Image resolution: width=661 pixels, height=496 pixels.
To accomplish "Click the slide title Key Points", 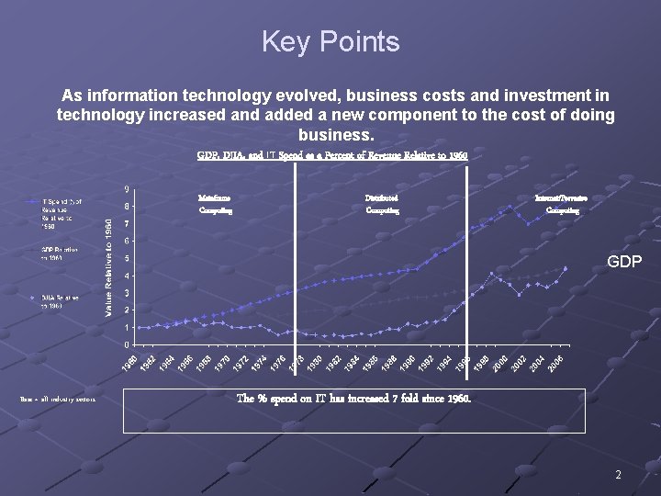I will point(330,42).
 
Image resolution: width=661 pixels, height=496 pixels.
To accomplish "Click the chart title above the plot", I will point(332,155).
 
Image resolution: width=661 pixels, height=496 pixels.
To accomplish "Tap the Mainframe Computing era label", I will point(216,204).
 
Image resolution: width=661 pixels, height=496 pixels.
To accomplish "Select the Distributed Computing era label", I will point(382,204).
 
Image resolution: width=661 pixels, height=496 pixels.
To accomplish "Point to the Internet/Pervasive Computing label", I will point(562,204).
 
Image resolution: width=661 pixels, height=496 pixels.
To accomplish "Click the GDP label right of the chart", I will point(624,263).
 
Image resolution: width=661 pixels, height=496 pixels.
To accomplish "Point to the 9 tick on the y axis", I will point(126,190).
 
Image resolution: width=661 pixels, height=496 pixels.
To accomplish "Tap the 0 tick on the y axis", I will point(126,344).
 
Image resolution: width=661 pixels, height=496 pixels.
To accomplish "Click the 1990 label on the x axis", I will point(409,362).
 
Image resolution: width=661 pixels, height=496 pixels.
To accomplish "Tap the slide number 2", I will point(618,475).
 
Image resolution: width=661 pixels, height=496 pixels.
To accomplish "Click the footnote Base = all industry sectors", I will point(57,399).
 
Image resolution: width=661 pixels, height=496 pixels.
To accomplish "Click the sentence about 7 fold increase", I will point(353,399).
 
